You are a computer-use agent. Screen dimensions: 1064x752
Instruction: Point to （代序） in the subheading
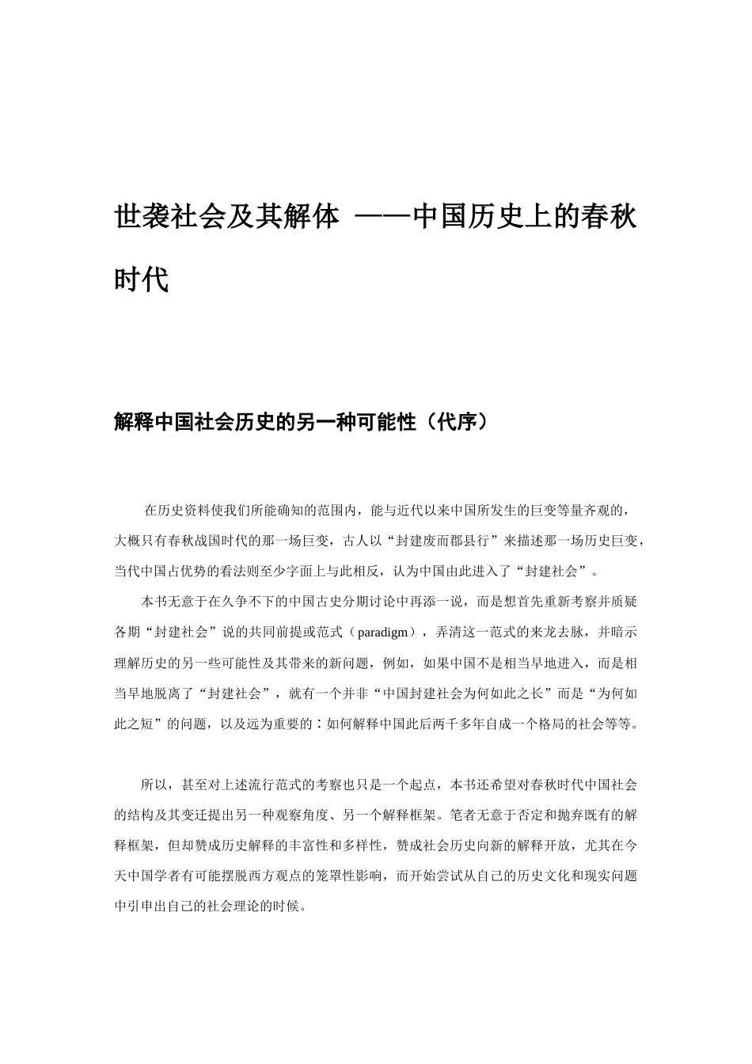458,423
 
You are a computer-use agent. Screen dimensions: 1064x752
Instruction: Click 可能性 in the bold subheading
386,423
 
